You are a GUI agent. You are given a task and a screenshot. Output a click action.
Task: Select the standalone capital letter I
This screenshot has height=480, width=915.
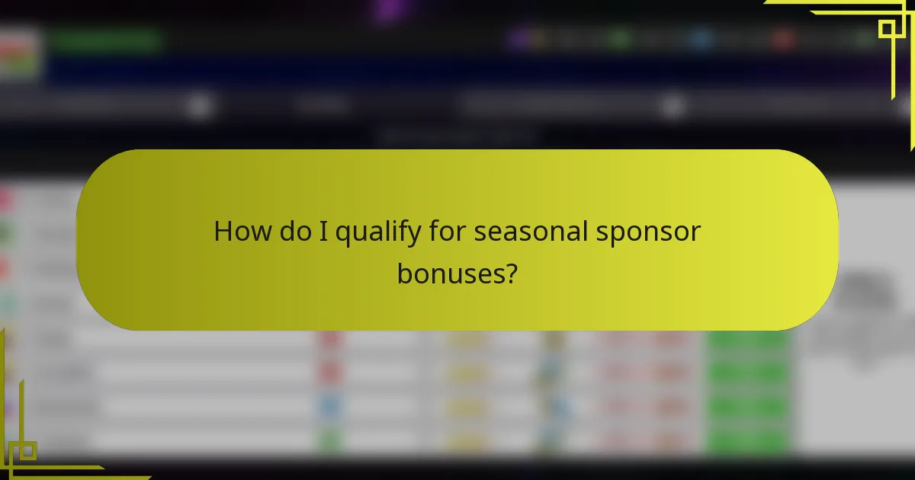pyautogui.click(x=323, y=231)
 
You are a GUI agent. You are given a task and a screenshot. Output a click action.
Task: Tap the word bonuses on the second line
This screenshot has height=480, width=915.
pyautogui.click(x=450, y=272)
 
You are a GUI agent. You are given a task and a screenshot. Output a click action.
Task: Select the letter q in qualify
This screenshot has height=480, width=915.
pyautogui.click(x=344, y=234)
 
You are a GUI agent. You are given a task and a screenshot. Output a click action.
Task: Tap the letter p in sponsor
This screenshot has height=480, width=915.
pyautogui.click(x=619, y=235)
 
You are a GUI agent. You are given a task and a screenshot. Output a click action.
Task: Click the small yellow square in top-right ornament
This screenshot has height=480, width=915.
pyautogui.click(x=887, y=29)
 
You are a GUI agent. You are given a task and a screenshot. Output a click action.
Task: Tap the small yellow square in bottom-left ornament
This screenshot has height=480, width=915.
pyautogui.click(x=27, y=451)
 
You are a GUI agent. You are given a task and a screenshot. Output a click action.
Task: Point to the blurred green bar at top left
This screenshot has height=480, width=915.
pyautogui.click(x=107, y=40)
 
